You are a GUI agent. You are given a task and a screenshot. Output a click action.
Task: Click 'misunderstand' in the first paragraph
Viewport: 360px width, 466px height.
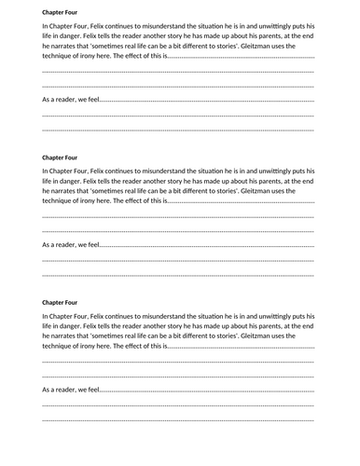(x=172, y=28)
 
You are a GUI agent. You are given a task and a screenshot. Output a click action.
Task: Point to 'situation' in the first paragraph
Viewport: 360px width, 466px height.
(x=221, y=28)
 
